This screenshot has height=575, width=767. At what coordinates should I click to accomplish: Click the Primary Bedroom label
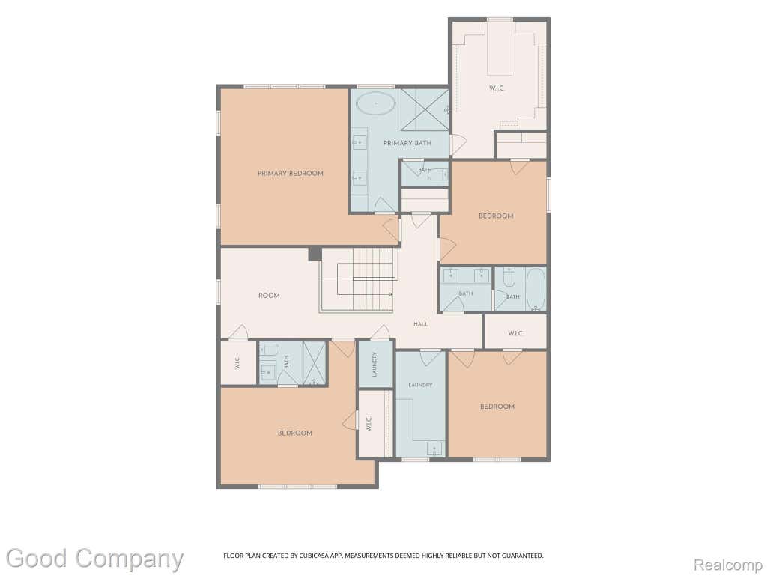[x=291, y=173]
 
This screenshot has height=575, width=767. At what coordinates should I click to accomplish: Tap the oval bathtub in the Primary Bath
[x=376, y=104]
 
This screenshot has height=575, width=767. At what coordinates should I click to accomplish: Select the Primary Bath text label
[x=407, y=143]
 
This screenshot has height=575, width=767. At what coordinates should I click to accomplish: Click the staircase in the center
[x=357, y=280]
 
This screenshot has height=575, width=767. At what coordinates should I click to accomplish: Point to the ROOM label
[x=269, y=295]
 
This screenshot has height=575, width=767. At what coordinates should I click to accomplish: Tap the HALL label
[x=421, y=323]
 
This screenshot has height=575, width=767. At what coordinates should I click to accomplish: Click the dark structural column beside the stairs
[x=315, y=254]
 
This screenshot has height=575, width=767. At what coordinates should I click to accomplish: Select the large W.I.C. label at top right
[x=497, y=88]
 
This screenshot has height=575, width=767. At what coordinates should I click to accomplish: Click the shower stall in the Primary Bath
[x=425, y=109]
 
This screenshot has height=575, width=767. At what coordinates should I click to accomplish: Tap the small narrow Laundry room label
[x=375, y=365]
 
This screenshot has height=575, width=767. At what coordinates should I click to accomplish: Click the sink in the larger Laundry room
[x=434, y=449]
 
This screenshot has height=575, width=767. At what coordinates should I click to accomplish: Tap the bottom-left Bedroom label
[x=295, y=433]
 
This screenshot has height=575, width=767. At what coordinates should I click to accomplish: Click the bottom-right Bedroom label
[x=497, y=407]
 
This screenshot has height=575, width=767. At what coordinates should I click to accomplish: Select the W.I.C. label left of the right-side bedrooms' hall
[x=515, y=333]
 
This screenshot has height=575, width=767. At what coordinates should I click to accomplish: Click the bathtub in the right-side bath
[x=536, y=289]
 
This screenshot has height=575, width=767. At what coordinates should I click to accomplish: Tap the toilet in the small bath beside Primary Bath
[x=438, y=174]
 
